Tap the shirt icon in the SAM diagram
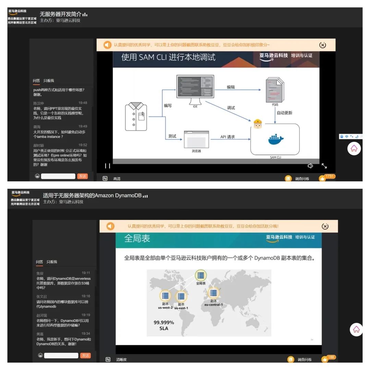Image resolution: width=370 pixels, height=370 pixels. (x=136, y=116)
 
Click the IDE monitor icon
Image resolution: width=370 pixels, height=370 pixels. (x=195, y=89)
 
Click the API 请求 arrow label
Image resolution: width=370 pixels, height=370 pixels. (x=227, y=137)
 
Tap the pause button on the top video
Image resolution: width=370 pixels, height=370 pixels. (x=108, y=166)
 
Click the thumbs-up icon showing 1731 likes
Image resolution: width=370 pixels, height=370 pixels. (x=322, y=178)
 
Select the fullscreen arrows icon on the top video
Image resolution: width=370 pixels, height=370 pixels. (x=324, y=166)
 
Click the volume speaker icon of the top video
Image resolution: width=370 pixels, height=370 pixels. (x=310, y=166)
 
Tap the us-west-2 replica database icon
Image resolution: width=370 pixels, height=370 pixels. (x=165, y=296)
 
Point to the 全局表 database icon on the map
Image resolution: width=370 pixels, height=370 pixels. (x=201, y=275)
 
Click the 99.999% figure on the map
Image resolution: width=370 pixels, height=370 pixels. (x=164, y=322)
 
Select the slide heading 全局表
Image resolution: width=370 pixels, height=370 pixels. (x=137, y=238)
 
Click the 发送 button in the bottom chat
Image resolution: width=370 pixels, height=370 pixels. (x=85, y=356)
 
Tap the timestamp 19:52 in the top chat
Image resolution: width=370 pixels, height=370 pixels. (x=83, y=145)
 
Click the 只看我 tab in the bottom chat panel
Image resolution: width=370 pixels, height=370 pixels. (x=52, y=262)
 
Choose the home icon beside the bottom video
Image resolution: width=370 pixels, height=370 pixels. (x=356, y=329)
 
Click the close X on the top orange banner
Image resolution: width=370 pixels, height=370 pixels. (x=322, y=45)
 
